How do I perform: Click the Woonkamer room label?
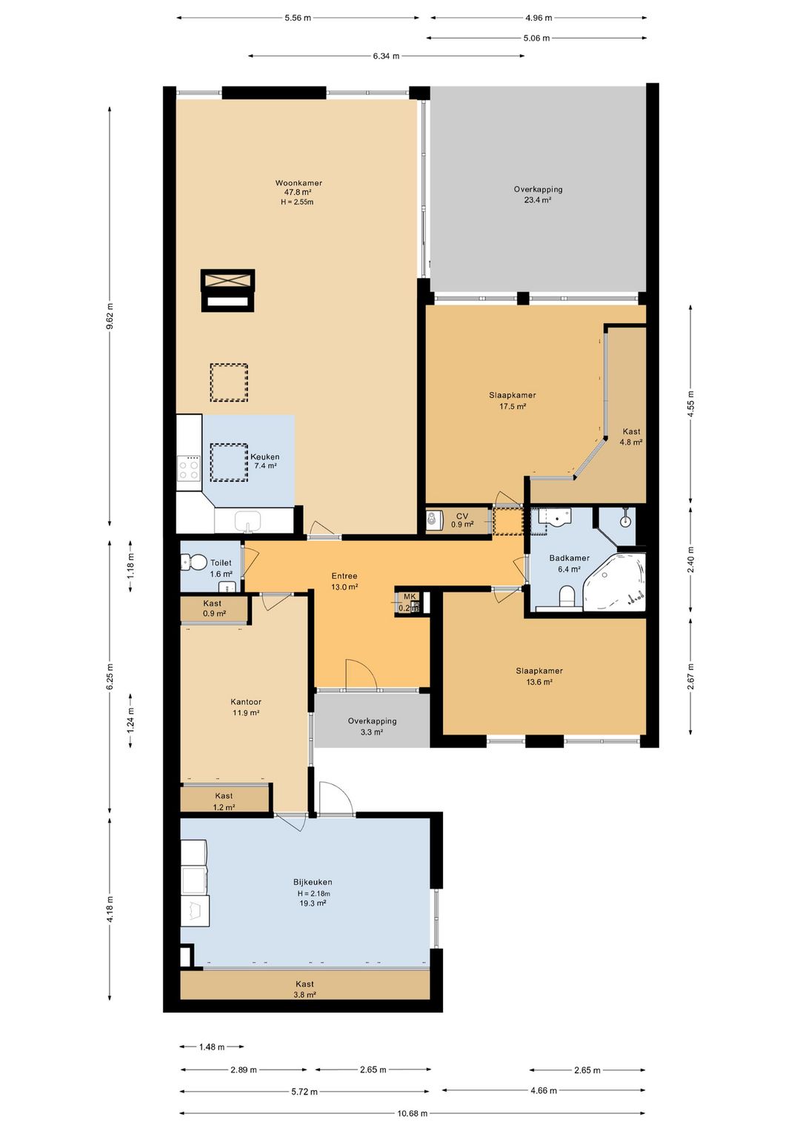(299, 183)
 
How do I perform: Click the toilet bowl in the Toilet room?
(194, 563)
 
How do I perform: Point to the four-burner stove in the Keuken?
(189, 468)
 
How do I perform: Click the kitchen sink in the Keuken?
(248, 520)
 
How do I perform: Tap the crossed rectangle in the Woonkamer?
(227, 279)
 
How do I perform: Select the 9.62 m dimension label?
(110, 316)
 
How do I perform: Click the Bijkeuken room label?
(313, 882)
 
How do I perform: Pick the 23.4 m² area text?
(538, 199)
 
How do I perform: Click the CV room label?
(462, 516)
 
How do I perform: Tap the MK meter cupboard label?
(410, 597)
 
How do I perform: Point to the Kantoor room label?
(246, 701)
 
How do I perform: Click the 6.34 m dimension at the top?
(386, 56)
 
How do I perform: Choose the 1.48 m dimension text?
(212, 1047)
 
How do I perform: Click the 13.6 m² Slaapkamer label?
(539, 676)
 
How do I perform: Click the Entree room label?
(344, 576)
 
